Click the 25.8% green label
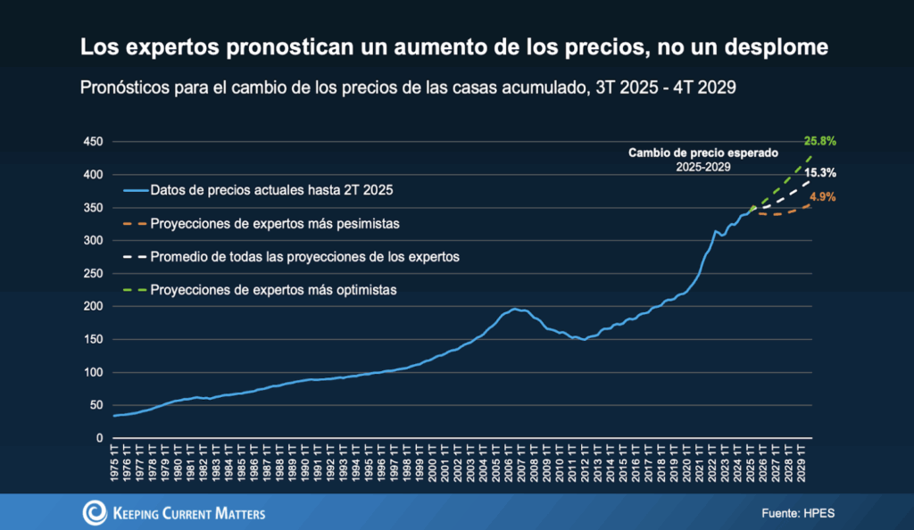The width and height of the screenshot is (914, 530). click(x=819, y=141)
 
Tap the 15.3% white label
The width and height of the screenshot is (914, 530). click(x=819, y=174)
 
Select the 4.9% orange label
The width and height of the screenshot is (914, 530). click(x=822, y=197)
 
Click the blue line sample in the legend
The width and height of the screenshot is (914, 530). click(x=133, y=190)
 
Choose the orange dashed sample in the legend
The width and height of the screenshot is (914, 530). click(x=133, y=223)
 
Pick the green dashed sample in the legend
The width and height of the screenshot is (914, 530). click(x=133, y=290)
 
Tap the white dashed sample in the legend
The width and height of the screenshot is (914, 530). click(x=133, y=257)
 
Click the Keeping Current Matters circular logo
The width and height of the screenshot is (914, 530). click(x=95, y=512)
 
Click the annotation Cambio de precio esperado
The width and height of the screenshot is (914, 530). click(x=704, y=153)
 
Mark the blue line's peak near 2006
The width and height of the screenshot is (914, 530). click(x=514, y=309)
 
